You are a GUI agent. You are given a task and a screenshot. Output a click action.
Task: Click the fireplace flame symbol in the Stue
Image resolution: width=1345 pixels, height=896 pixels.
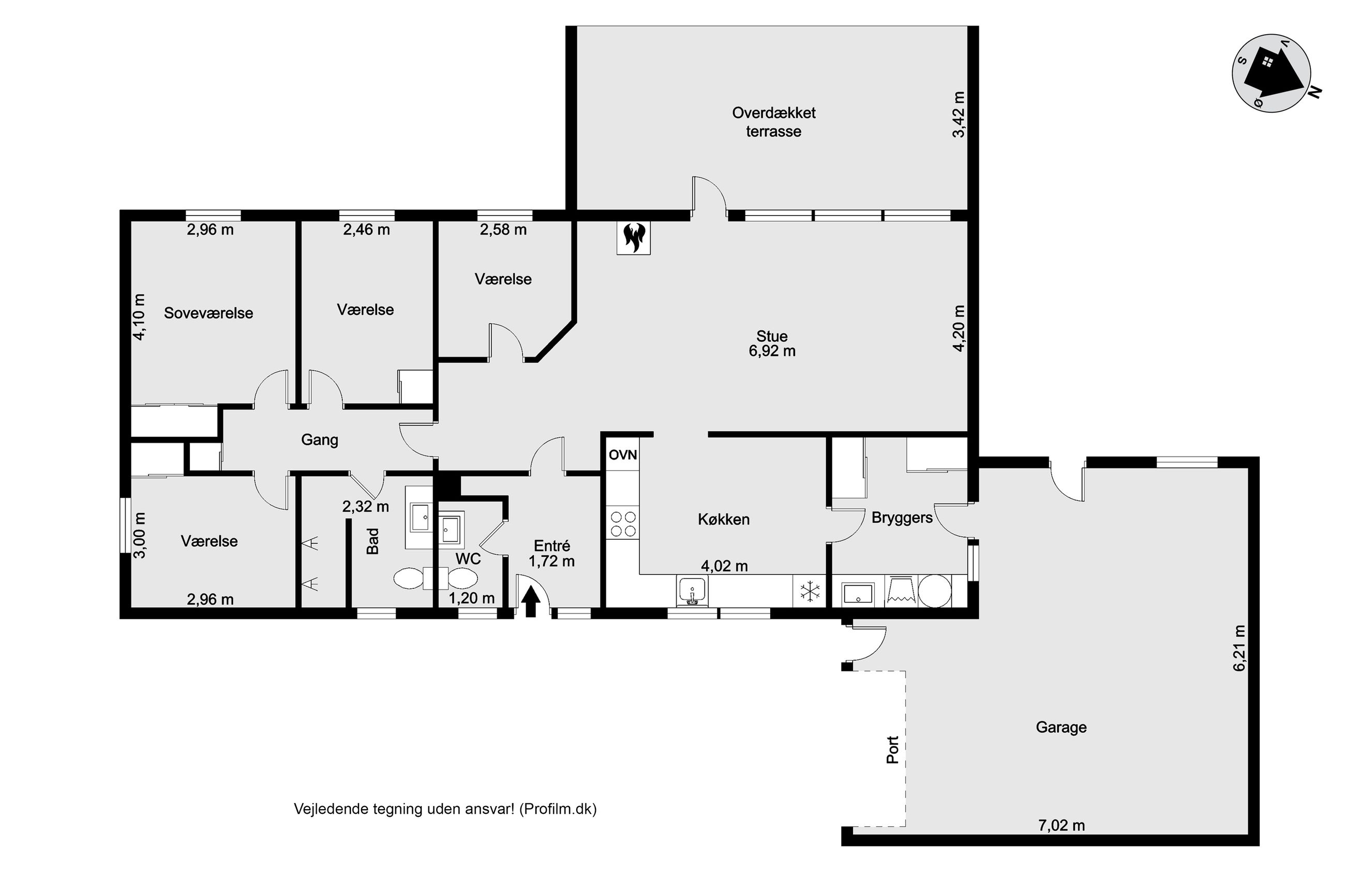point(633,238)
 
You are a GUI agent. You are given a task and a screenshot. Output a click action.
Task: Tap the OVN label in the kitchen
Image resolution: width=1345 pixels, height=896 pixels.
point(622,455)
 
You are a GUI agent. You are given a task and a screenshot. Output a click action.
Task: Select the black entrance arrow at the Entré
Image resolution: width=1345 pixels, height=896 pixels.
point(532,602)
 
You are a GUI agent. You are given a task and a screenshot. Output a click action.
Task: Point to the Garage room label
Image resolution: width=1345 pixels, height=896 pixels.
point(1061,727)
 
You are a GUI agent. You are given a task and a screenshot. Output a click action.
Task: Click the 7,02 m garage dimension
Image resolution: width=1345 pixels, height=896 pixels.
point(1061,825)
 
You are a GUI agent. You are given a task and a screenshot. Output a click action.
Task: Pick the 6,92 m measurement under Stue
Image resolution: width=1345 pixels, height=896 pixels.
point(772,351)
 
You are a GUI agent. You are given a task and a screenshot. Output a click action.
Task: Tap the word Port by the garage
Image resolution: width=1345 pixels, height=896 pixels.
point(892,749)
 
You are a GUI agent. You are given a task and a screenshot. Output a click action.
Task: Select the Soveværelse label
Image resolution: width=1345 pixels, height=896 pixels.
point(208,313)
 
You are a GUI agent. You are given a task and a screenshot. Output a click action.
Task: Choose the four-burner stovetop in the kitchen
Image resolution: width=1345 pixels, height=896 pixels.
point(623,524)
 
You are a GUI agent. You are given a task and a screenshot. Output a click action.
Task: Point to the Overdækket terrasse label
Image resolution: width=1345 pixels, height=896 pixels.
point(773,122)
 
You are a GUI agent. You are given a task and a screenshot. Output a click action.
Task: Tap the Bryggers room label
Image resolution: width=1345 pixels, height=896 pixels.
point(902,518)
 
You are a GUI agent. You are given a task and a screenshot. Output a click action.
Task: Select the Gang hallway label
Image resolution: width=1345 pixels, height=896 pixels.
point(320,440)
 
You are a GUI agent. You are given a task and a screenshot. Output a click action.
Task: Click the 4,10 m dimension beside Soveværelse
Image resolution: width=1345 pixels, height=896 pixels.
point(139,317)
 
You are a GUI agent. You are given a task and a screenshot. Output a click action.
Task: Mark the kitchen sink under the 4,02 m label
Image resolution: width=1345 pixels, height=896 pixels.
point(692,591)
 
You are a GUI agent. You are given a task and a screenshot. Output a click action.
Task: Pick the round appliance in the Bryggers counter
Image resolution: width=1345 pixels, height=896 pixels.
point(935,591)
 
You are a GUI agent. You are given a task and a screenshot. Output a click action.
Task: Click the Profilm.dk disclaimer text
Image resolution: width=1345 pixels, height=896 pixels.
point(445,809)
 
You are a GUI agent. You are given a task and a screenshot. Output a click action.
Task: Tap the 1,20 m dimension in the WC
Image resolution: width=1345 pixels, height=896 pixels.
point(472,598)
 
